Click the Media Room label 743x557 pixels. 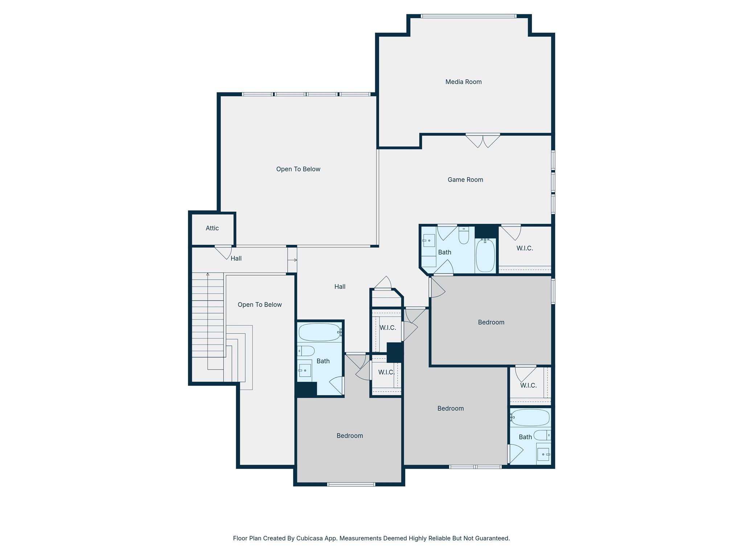463,82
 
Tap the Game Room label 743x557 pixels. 465,180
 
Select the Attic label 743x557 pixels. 212,228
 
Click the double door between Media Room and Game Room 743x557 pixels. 483,141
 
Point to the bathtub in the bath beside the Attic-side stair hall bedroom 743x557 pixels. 320,332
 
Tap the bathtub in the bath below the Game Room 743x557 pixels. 485,255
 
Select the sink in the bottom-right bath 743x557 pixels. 543,454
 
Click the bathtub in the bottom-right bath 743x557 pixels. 530,417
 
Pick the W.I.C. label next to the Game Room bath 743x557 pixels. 525,248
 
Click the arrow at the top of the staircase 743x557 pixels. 208,275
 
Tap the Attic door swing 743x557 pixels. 223,252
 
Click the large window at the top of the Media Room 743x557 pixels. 468,16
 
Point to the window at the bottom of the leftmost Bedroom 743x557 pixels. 351,484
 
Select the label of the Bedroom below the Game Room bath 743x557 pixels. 491,322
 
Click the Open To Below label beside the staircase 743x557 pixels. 259,305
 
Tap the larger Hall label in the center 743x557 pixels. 340,287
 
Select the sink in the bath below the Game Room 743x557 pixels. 429,240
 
